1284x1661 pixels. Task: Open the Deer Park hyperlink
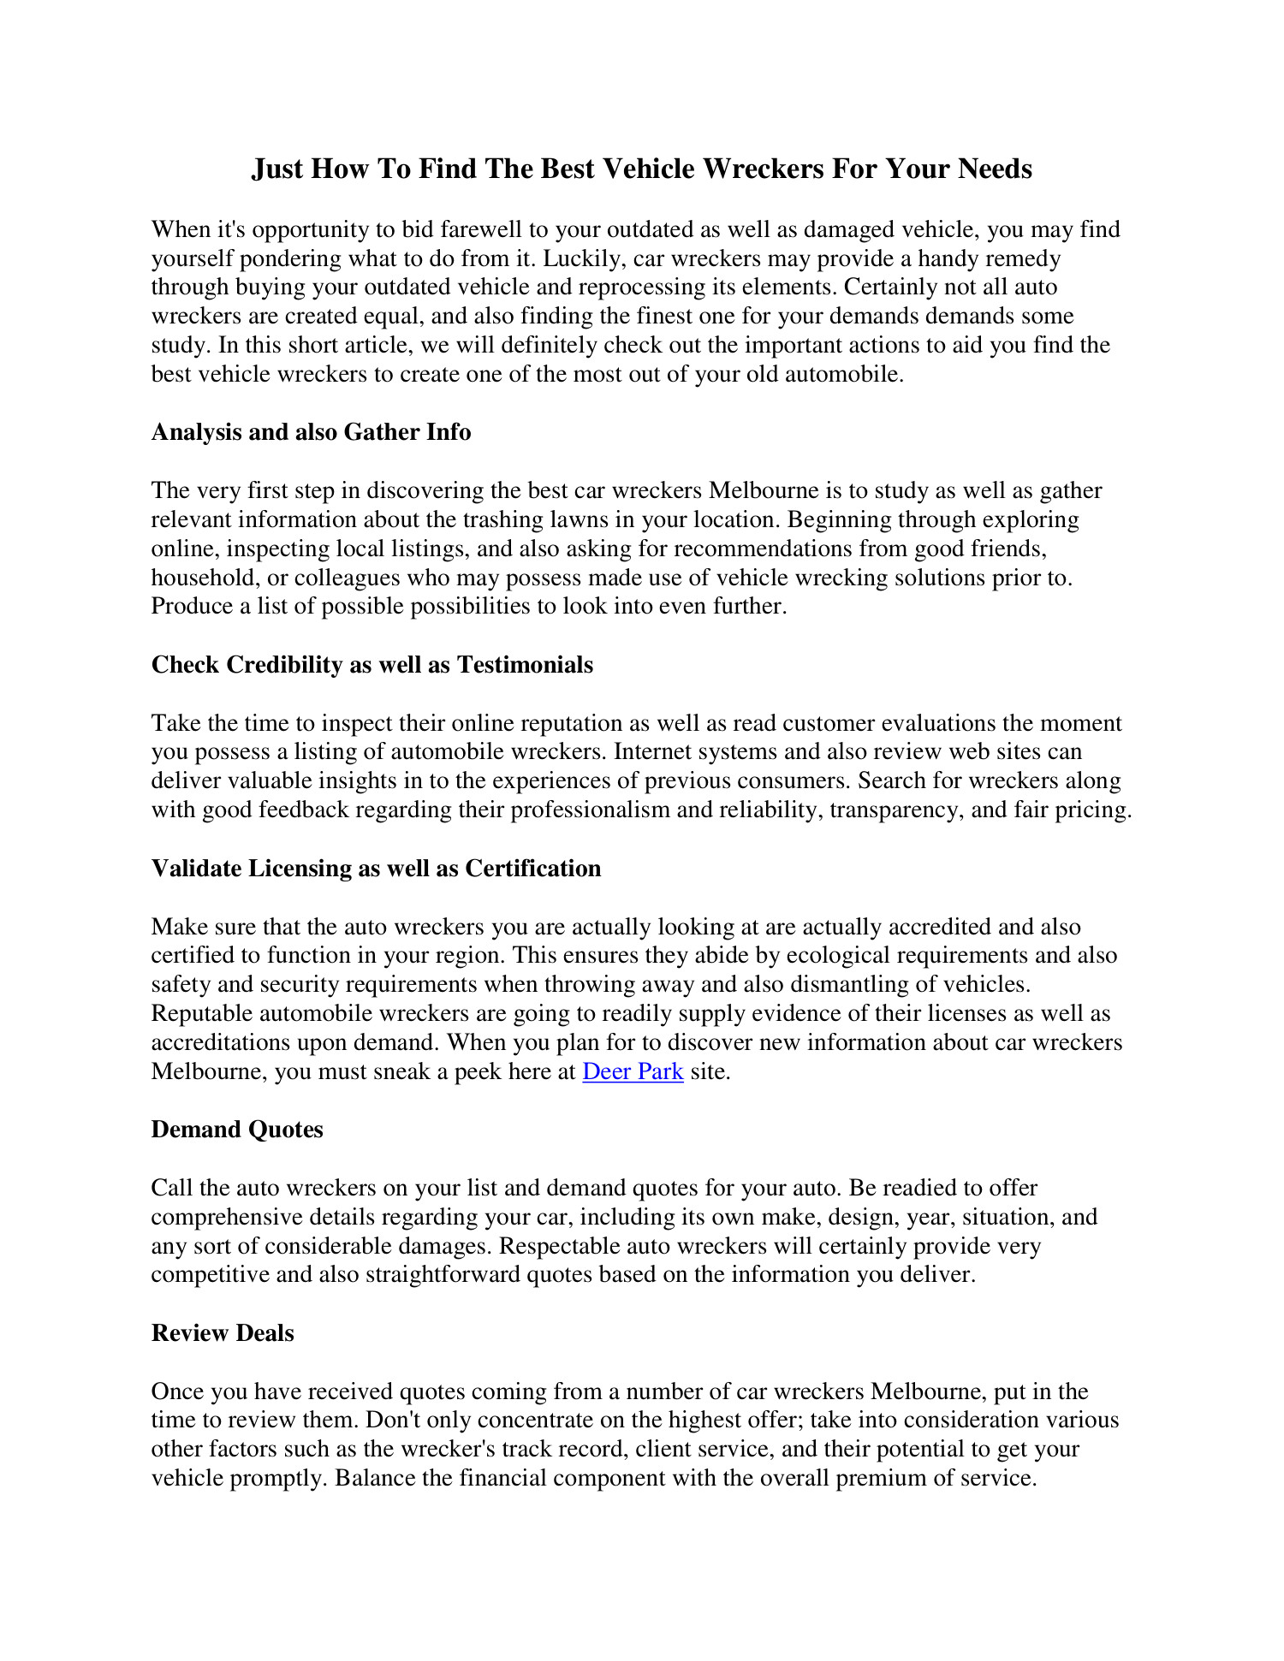click(633, 1071)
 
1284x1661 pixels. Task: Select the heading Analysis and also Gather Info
click(311, 432)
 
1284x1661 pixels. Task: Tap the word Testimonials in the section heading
click(525, 665)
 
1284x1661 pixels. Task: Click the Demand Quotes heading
click(237, 1130)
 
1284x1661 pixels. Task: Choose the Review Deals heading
click(223, 1333)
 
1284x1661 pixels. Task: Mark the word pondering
click(294, 258)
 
